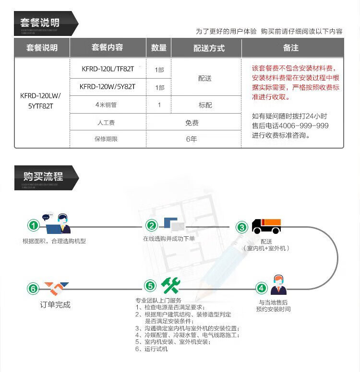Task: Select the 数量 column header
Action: [159, 48]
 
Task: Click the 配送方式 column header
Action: [209, 48]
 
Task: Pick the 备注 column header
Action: [291, 48]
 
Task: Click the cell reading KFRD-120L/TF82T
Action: [108, 69]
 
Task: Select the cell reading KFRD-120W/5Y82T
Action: [108, 87]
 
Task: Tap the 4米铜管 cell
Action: [108, 105]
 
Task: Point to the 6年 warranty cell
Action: [192, 139]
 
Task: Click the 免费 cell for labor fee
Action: [192, 123]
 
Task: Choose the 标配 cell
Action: [205, 105]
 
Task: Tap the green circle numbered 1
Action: [33, 225]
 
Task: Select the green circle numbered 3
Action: [242, 227]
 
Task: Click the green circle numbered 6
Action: [33, 289]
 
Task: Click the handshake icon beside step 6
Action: [56, 288]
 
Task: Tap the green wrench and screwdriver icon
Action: [170, 286]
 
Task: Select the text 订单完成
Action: [55, 304]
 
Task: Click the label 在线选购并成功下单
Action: [168, 239]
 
